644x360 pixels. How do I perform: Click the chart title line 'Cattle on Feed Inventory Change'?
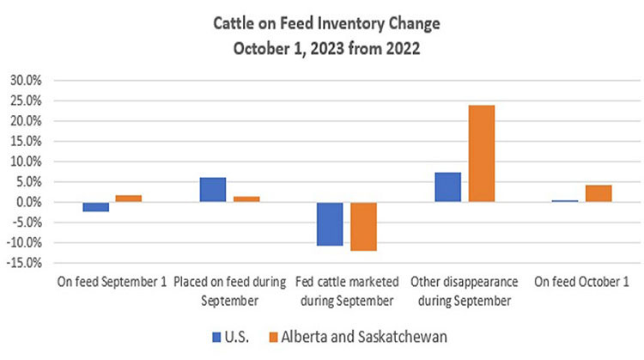[x=321, y=22]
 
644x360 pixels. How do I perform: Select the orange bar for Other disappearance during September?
[x=481, y=154]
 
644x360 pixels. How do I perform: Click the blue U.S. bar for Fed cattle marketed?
[x=330, y=224]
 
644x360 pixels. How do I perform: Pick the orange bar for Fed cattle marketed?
[x=363, y=227]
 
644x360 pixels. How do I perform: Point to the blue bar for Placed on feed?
[x=213, y=190]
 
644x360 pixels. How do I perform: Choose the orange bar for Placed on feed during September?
[x=246, y=199]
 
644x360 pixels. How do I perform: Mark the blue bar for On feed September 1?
[x=95, y=207]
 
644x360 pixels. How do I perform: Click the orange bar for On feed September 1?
[x=129, y=198]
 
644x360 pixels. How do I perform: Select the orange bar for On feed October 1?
[x=598, y=193]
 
